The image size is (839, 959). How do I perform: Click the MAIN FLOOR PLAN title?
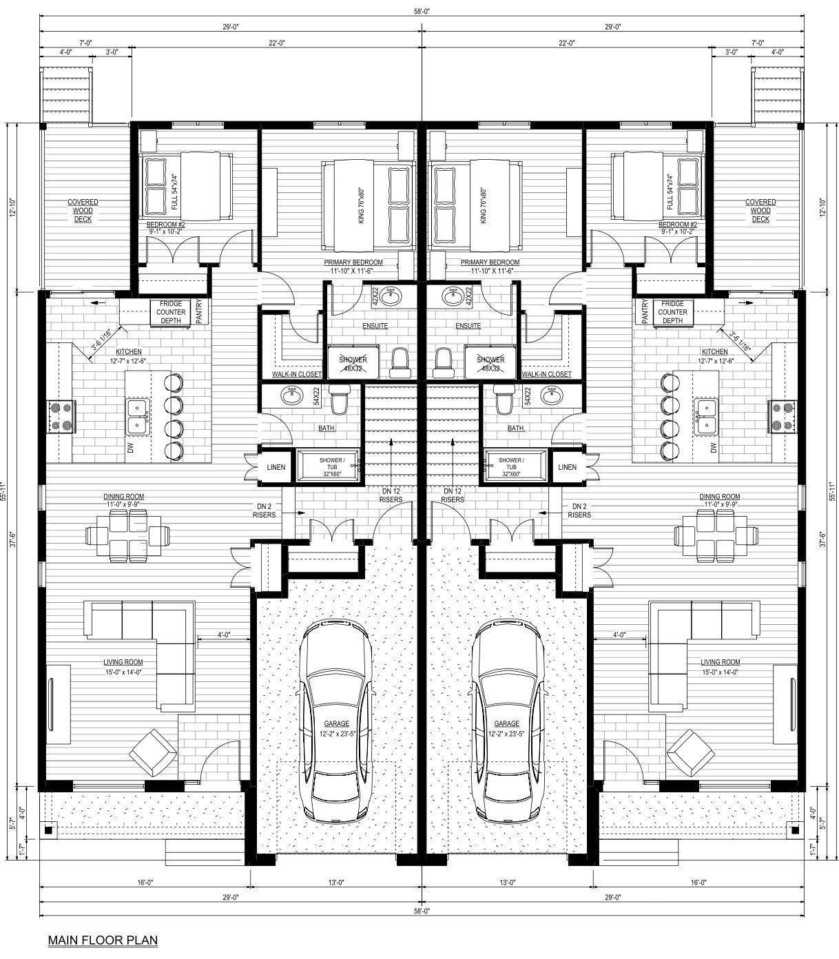pyautogui.click(x=103, y=939)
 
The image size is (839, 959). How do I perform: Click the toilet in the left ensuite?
pyautogui.click(x=400, y=362)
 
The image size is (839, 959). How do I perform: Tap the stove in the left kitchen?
pyautogui.click(x=60, y=417)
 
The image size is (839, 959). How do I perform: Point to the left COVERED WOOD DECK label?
pyautogui.click(x=83, y=211)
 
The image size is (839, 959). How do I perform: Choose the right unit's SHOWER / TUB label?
pyautogui.click(x=510, y=464)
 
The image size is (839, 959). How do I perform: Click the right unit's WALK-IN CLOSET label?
pyautogui.click(x=546, y=374)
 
